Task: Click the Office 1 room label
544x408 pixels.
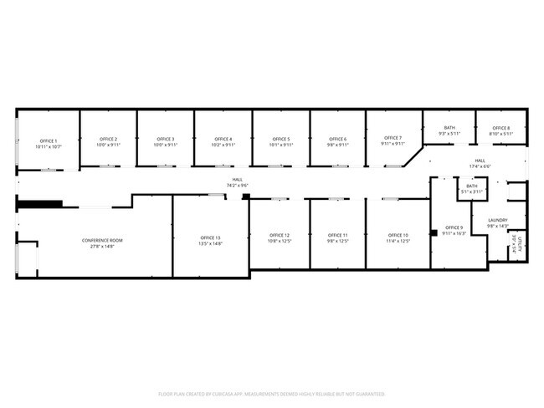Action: tap(48, 141)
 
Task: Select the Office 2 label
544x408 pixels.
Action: tap(108, 140)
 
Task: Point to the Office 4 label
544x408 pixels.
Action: tap(223, 140)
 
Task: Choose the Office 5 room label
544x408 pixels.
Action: tap(280, 140)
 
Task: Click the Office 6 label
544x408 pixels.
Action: tap(337, 140)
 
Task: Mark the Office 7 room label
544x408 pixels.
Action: tap(393, 138)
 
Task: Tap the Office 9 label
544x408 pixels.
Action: tap(454, 227)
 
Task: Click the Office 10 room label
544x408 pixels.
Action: tap(398, 236)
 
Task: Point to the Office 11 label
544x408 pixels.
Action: tap(337, 236)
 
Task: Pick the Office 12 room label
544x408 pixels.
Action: tap(280, 236)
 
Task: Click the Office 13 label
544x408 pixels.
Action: tap(210, 237)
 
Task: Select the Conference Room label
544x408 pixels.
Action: tap(102, 241)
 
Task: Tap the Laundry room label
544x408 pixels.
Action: tap(498, 221)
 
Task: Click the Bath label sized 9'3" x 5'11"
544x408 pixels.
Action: tap(449, 128)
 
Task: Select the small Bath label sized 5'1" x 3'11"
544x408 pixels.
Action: tap(472, 186)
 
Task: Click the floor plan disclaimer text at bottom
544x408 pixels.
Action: tap(271, 393)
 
